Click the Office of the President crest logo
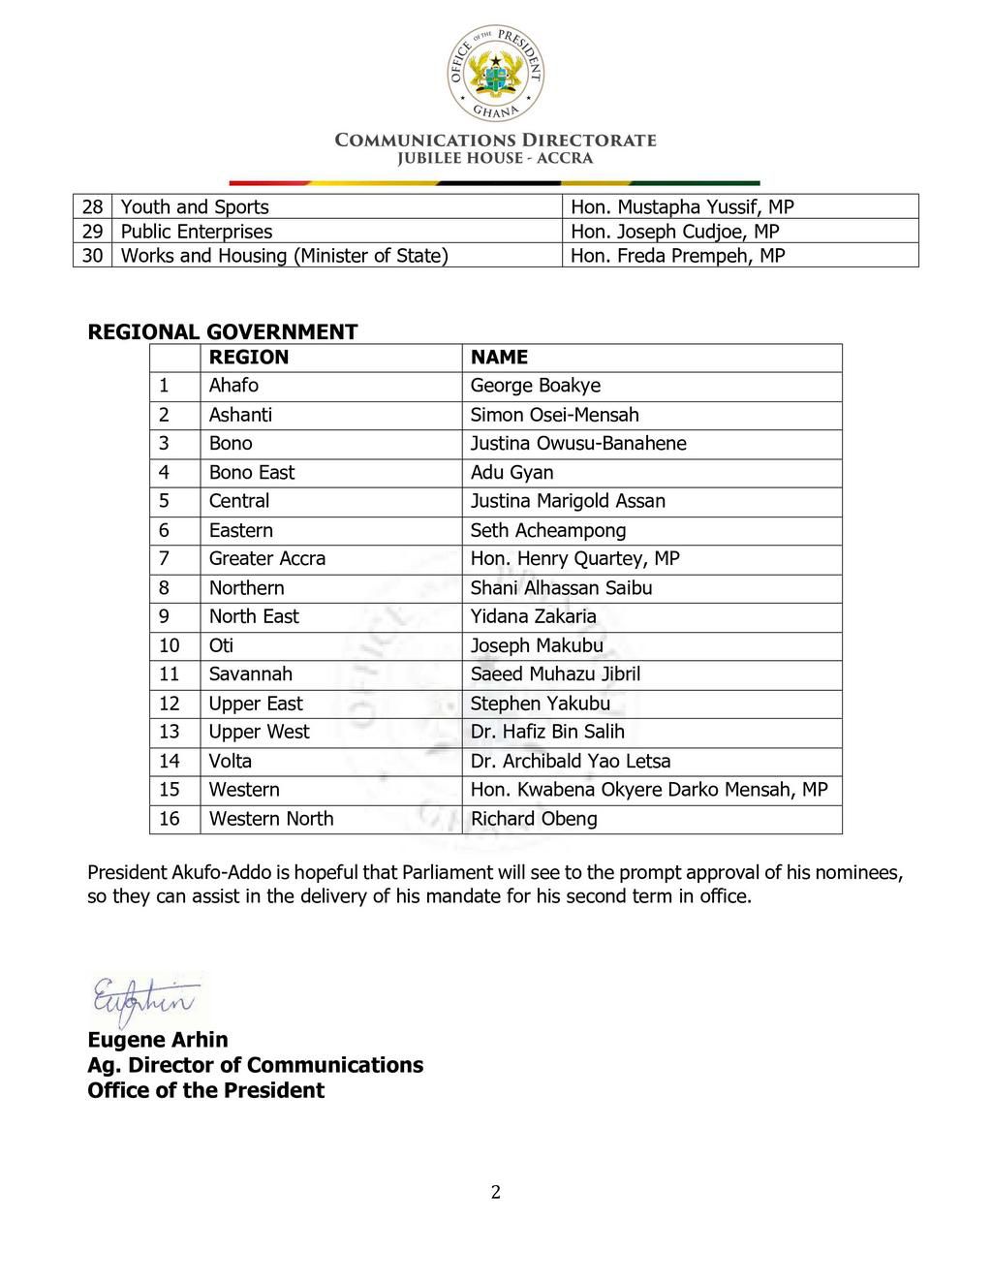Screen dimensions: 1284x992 [x=495, y=74]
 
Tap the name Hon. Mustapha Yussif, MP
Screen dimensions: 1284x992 [x=682, y=206]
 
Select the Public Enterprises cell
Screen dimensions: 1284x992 [x=197, y=232]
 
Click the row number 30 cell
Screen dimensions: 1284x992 [x=92, y=256]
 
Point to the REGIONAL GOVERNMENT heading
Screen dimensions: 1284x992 [x=223, y=331]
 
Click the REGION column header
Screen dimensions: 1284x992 [x=249, y=357]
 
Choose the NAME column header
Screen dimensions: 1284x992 [x=499, y=357]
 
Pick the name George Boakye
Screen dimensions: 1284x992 [x=536, y=386]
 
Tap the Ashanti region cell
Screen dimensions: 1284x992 [x=240, y=415]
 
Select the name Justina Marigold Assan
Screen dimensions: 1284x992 [x=568, y=501]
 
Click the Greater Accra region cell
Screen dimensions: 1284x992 [x=267, y=558]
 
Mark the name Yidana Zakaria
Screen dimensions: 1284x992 [x=533, y=616]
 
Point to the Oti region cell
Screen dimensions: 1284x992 [x=221, y=645]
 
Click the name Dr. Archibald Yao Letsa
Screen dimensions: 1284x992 [x=571, y=761]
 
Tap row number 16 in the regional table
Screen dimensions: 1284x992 [x=170, y=819]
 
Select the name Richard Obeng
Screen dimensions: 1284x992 [x=534, y=819]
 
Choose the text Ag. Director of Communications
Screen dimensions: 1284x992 [x=255, y=1065]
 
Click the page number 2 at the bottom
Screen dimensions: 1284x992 [x=496, y=1192]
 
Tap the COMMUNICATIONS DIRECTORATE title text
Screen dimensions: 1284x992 [x=495, y=140]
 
